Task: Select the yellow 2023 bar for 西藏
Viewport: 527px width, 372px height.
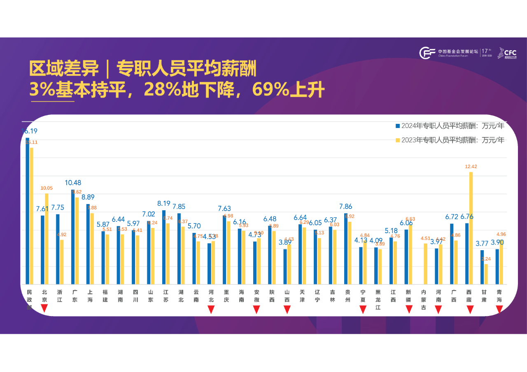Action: click(x=471, y=228)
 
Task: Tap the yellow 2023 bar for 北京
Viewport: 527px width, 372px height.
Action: click(x=47, y=239)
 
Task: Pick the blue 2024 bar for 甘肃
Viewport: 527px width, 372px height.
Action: click(x=482, y=267)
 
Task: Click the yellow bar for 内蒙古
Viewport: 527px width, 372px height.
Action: click(x=426, y=264)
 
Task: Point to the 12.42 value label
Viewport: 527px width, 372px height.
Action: click(x=471, y=167)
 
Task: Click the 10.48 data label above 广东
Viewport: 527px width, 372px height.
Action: click(x=73, y=183)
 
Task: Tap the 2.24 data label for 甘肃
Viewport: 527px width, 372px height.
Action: click(x=486, y=259)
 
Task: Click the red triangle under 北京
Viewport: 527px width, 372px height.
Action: click(x=44, y=309)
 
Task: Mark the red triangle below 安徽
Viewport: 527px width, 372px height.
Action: click(x=257, y=309)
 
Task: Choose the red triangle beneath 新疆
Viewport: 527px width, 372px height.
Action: click(x=409, y=309)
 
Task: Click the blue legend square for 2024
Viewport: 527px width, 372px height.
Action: click(x=398, y=126)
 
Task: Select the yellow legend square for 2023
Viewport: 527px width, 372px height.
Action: click(x=398, y=140)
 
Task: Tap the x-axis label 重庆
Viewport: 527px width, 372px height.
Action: click(x=226, y=296)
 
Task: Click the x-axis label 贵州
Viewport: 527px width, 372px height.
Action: click(x=348, y=296)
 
